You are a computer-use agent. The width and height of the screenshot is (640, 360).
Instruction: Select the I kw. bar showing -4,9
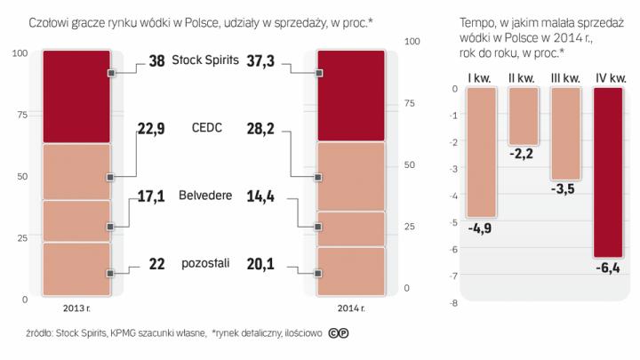tap(482, 152)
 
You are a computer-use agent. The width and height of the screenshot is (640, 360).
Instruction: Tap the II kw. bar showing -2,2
tap(524, 116)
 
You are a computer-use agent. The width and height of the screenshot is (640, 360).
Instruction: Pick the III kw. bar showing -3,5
tap(565, 133)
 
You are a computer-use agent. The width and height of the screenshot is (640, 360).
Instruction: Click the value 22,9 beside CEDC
tap(153, 129)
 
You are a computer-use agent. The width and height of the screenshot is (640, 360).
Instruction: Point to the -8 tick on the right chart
tap(453, 303)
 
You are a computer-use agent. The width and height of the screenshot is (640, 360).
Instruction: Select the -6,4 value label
tap(609, 267)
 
